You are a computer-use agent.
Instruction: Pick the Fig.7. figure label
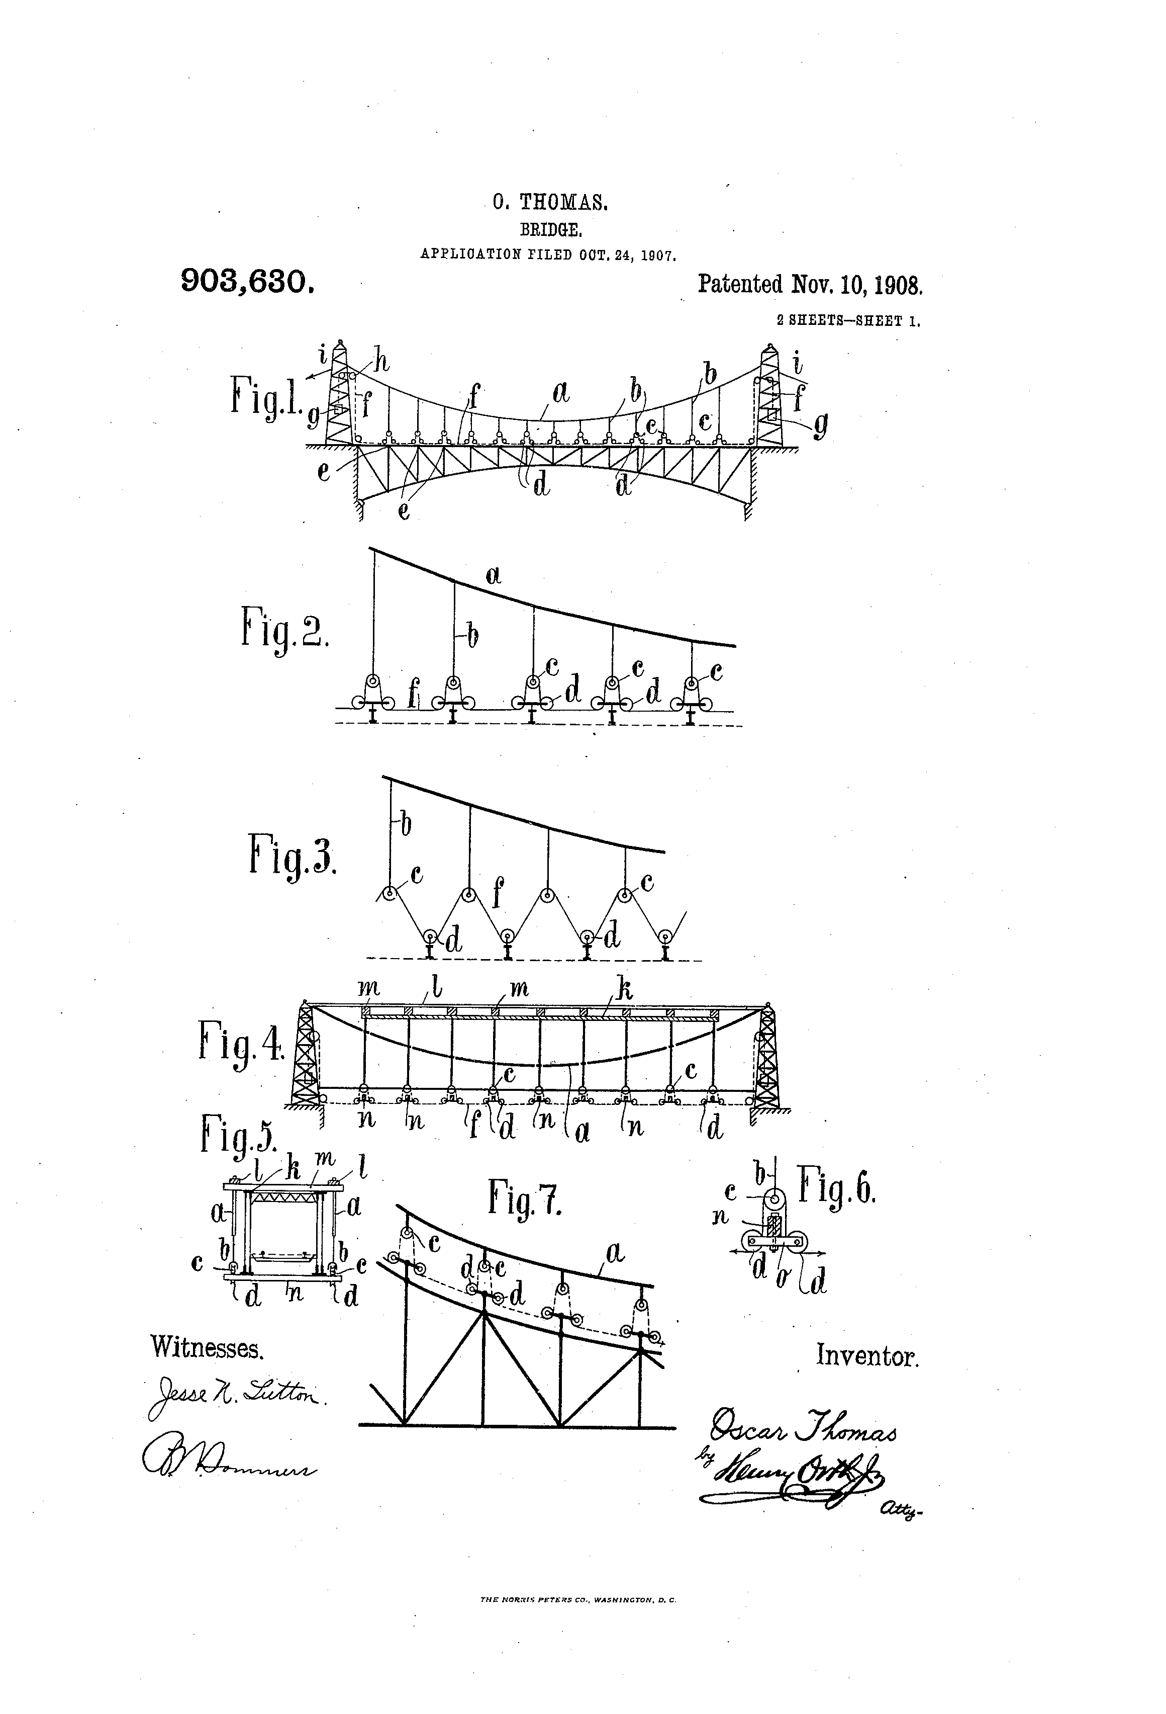(x=525, y=1197)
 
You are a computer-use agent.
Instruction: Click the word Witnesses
(x=207, y=1347)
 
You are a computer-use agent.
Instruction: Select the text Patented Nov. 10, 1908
(x=810, y=285)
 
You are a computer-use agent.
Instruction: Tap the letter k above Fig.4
(x=624, y=990)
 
